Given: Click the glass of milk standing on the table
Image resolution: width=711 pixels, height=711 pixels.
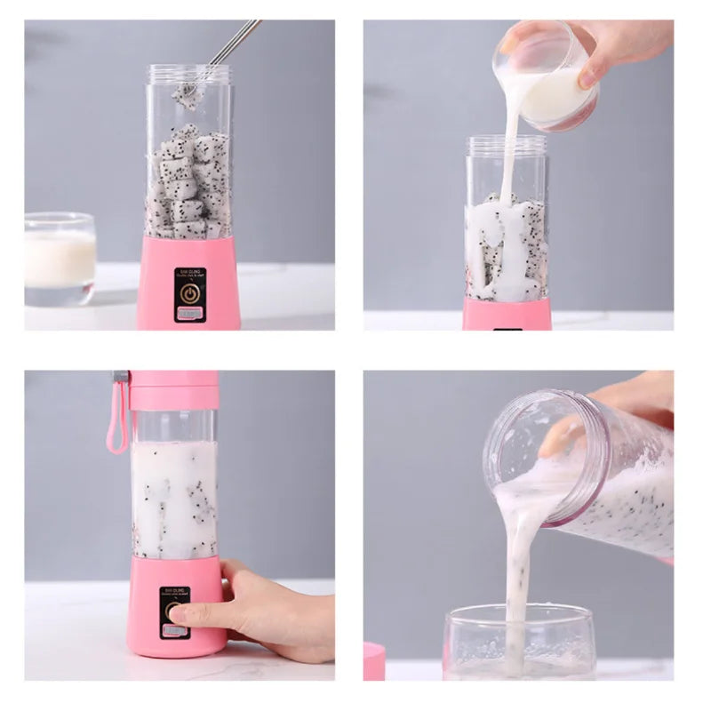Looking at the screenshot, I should (x=60, y=259).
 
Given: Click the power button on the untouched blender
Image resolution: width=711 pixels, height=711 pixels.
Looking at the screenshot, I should (x=188, y=292).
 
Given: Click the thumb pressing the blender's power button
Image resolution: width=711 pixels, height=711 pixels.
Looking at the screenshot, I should (x=183, y=613).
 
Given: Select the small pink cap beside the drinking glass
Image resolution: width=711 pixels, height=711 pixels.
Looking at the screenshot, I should (x=374, y=661).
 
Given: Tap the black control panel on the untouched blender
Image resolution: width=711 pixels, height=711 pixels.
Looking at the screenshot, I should (x=188, y=294).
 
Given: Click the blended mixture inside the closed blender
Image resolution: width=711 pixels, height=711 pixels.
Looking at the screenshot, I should (x=174, y=498).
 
